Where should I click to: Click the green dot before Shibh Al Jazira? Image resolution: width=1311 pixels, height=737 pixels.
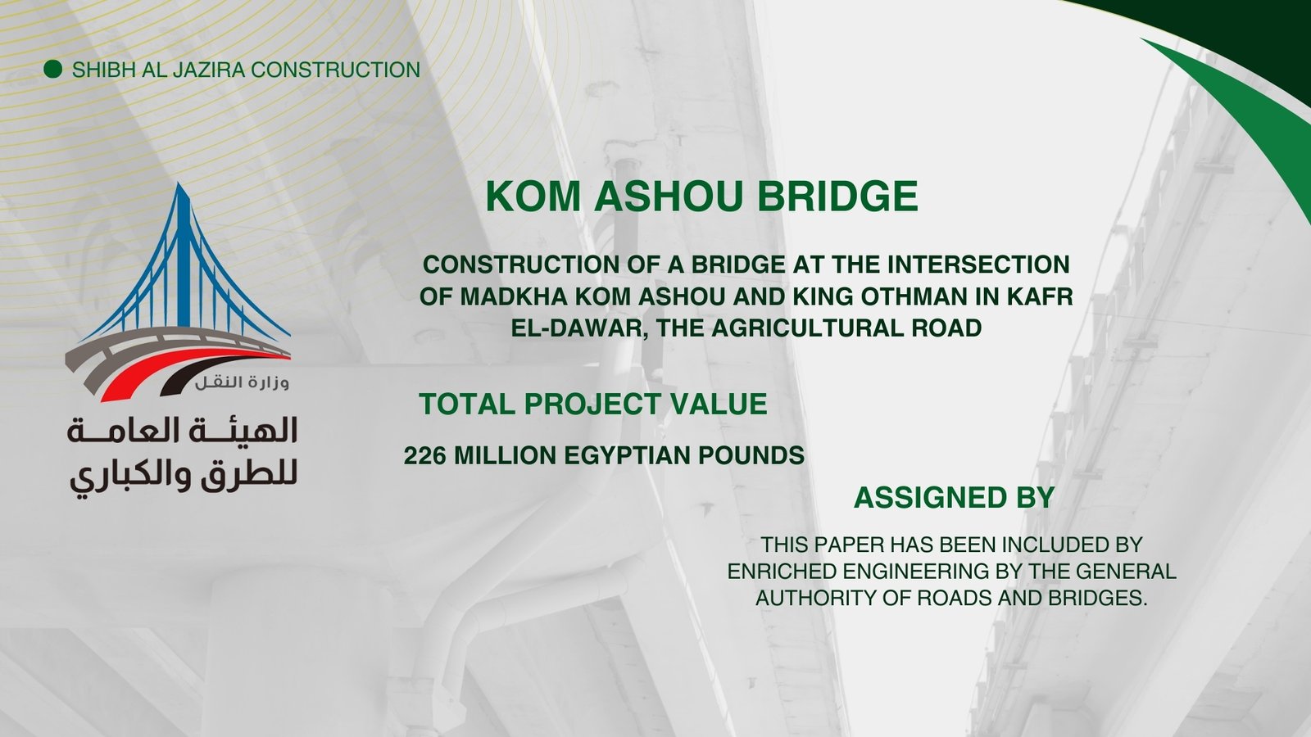pyautogui.click(x=52, y=69)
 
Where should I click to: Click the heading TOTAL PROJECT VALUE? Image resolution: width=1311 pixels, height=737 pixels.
pyautogui.click(x=593, y=404)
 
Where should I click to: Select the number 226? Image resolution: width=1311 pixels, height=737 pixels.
pyautogui.click(x=425, y=455)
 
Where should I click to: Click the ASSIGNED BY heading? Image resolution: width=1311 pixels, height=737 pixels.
pyautogui.click(x=954, y=497)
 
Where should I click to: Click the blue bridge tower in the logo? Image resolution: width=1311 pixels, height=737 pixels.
pyautogui.click(x=184, y=257)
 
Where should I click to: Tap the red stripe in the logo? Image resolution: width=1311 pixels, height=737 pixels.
pyautogui.click(x=175, y=369)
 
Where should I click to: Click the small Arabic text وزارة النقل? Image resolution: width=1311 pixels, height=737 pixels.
pyautogui.click(x=243, y=382)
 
